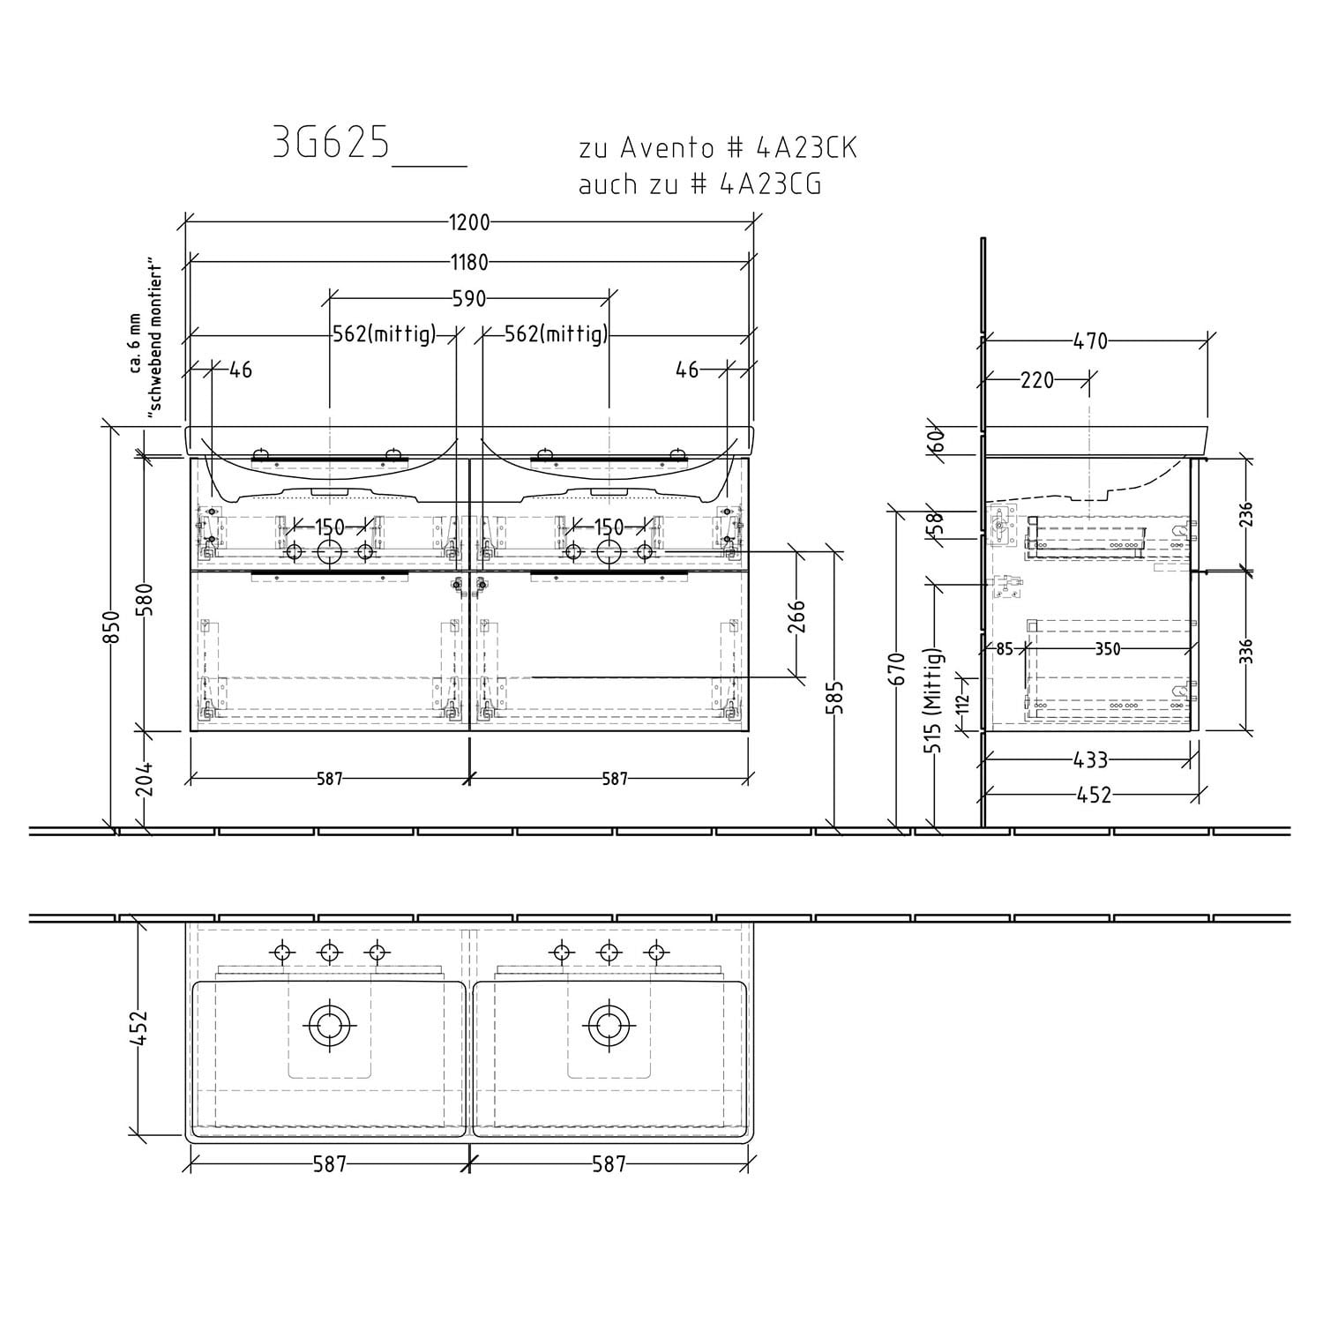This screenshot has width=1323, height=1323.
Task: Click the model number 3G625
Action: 331,144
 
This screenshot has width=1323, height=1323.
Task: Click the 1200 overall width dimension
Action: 469,222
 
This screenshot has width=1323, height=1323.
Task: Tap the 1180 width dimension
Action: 469,261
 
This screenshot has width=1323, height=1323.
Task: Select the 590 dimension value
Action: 469,299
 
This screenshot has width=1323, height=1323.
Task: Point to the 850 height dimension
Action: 111,628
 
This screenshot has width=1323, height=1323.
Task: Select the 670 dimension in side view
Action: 898,669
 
